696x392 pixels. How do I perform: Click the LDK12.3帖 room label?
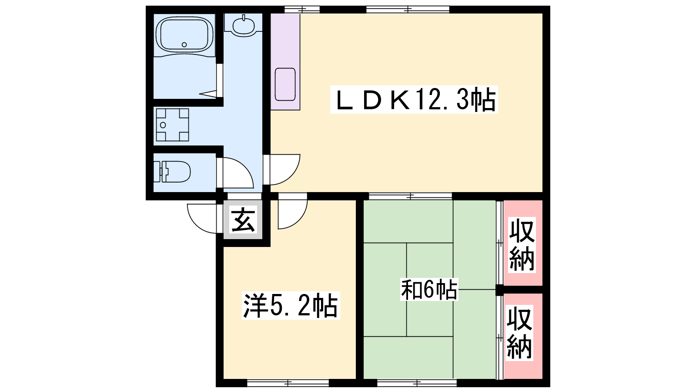click(414, 100)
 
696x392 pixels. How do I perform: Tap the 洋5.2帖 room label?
click(291, 305)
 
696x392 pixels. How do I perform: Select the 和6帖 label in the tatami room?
click(429, 289)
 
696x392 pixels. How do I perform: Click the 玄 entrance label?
click(243, 220)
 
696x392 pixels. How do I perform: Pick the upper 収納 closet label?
click(522, 245)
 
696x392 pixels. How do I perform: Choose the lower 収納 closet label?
click(519, 333)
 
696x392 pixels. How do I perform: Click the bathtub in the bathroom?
click(184, 35)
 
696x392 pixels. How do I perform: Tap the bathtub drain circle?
click(184, 44)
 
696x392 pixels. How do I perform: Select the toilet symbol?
click(172, 172)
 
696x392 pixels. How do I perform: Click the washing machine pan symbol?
click(172, 125)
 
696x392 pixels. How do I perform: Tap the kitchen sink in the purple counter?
click(285, 84)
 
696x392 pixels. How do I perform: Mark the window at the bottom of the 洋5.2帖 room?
click(288, 382)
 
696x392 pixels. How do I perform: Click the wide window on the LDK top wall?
click(408, 10)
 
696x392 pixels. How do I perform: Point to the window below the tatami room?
click(417, 382)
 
